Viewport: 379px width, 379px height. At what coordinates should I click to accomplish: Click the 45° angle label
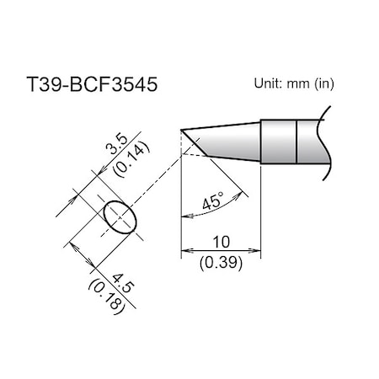(214, 202)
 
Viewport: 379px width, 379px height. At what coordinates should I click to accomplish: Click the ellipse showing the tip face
(118, 218)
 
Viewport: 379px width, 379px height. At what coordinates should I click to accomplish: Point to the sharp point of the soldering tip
(181, 130)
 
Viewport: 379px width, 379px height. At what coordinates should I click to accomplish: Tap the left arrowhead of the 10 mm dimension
(185, 250)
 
